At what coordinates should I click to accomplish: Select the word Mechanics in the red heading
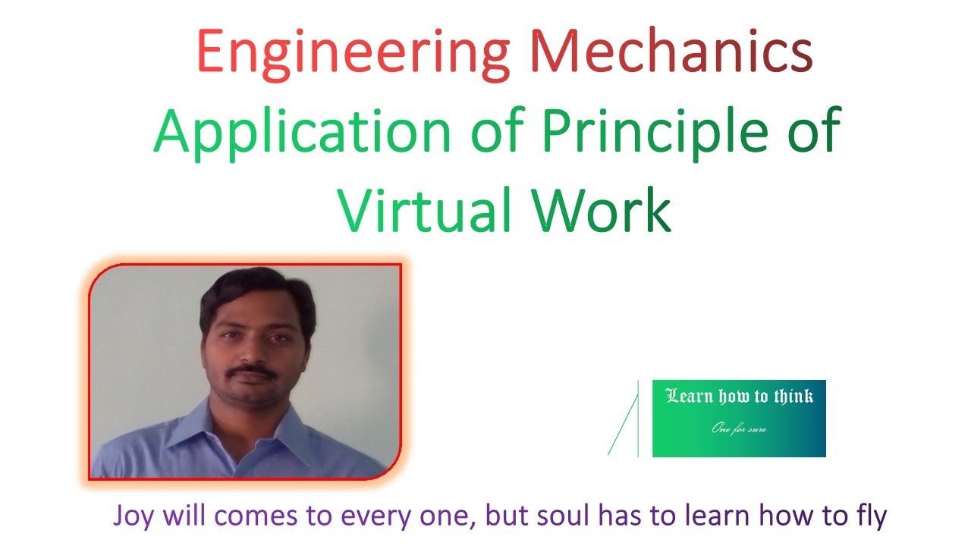(671, 52)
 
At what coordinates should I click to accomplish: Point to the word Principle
(660, 131)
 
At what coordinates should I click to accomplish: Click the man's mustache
(253, 371)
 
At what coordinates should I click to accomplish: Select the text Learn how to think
(739, 396)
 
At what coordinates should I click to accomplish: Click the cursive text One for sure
(739, 429)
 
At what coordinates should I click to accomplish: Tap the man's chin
(254, 403)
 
